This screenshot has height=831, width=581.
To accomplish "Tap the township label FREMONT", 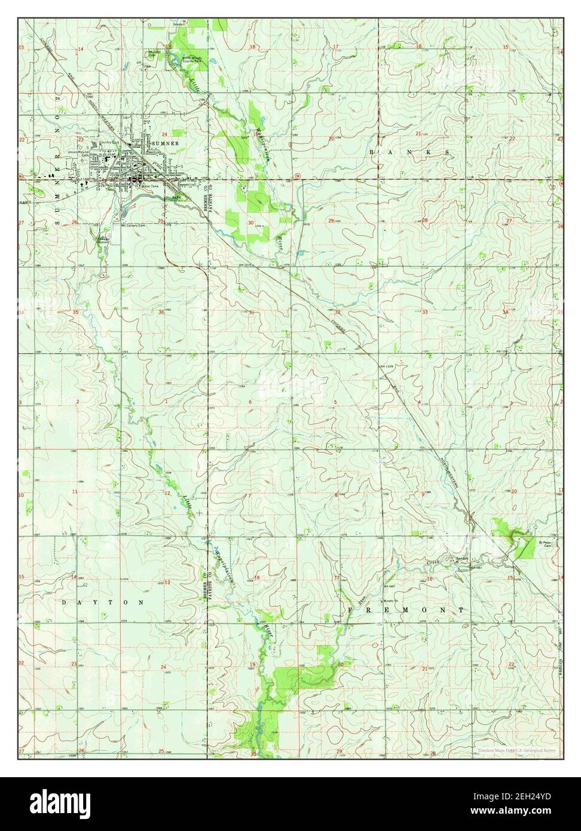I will click(406, 609).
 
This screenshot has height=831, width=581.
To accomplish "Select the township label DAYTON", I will click(103, 602).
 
